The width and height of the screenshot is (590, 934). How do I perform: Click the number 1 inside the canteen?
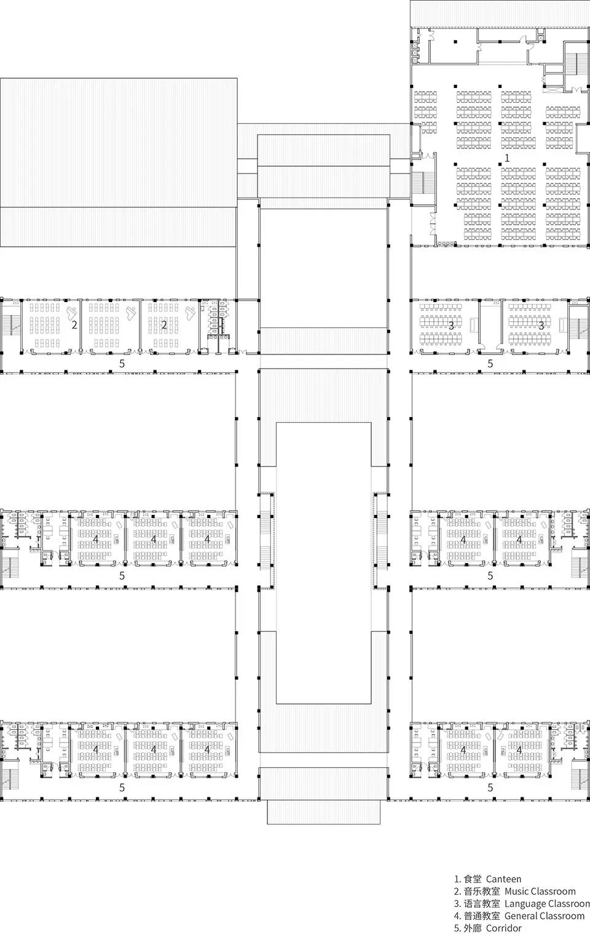tap(507, 158)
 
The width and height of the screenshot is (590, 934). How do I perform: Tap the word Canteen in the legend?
tap(503, 879)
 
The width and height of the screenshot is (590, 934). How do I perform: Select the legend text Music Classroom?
tap(540, 892)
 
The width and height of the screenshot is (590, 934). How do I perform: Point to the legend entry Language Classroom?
tap(547, 904)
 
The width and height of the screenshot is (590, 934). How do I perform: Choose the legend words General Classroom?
tap(545, 916)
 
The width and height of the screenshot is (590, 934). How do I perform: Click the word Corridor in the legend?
tap(504, 928)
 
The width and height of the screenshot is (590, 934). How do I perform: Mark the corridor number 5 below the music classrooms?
tap(122, 364)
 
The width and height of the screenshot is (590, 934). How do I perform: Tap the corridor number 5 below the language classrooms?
tap(490, 364)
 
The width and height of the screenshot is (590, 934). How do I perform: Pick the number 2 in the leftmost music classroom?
tap(74, 325)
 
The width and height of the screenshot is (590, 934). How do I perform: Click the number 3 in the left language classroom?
tap(451, 325)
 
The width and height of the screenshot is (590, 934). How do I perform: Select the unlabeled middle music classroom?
tap(111, 326)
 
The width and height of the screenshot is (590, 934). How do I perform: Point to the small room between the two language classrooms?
tap(490, 326)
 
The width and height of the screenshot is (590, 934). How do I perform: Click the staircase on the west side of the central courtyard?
tap(265, 541)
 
